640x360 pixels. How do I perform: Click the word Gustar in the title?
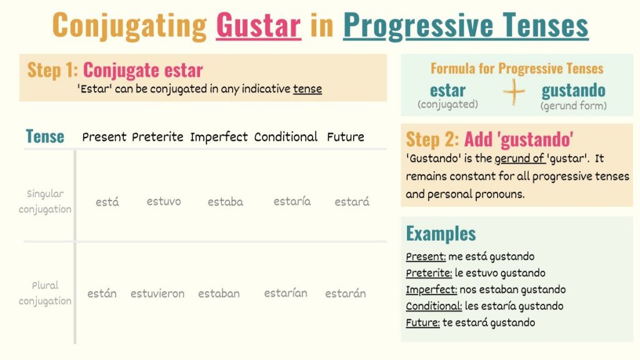tap(258, 26)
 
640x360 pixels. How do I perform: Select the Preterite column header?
tap(157, 137)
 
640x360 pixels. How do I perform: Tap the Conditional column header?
tap(286, 137)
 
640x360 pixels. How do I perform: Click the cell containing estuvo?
tap(164, 201)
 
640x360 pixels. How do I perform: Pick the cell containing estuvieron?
tap(157, 293)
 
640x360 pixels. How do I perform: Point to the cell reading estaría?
tap(292, 201)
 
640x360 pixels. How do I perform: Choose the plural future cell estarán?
tap(346, 293)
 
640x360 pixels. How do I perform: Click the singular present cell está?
tap(107, 202)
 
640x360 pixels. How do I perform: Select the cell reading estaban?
tap(219, 293)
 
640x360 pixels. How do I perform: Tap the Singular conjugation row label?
tap(45, 201)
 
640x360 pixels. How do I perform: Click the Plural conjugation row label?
tap(45, 293)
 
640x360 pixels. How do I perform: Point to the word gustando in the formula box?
tap(573, 90)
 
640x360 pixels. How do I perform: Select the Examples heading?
tap(441, 234)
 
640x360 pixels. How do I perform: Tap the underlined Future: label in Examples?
tap(423, 322)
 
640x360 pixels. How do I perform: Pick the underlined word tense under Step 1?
tap(307, 89)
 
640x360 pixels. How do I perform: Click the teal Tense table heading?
tap(45, 136)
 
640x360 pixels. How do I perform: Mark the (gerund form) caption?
tap(573, 106)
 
